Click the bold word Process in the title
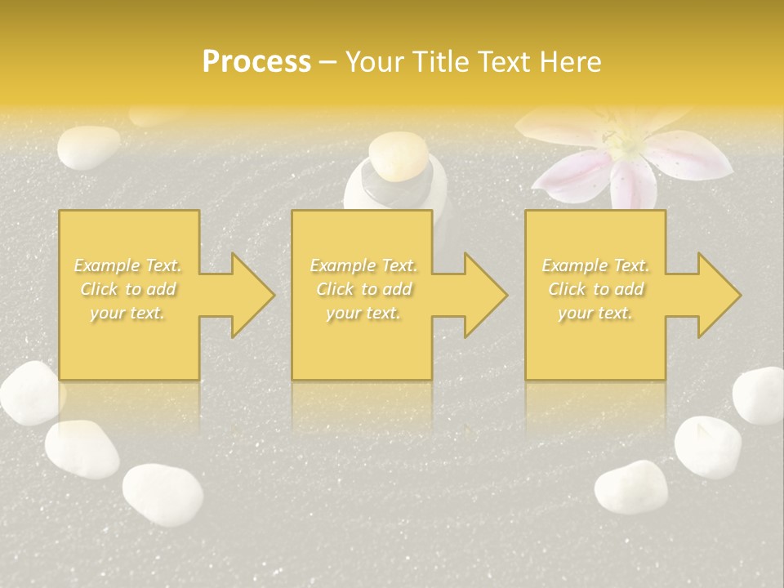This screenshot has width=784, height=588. click(x=256, y=62)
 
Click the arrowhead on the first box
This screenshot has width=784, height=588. click(x=245, y=295)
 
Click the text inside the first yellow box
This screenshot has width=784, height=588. click(x=128, y=289)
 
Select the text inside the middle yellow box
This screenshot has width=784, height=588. click(x=363, y=289)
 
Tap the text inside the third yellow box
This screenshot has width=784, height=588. click(x=595, y=289)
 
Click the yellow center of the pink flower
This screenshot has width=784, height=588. click(x=630, y=146)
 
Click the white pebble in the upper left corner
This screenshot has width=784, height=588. click(x=88, y=146)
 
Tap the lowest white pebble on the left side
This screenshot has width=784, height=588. click(x=163, y=495)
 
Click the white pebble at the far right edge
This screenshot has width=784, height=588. click(x=759, y=395)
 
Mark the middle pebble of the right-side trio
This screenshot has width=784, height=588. click(x=707, y=446)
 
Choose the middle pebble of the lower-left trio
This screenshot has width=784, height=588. click(x=82, y=448)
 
